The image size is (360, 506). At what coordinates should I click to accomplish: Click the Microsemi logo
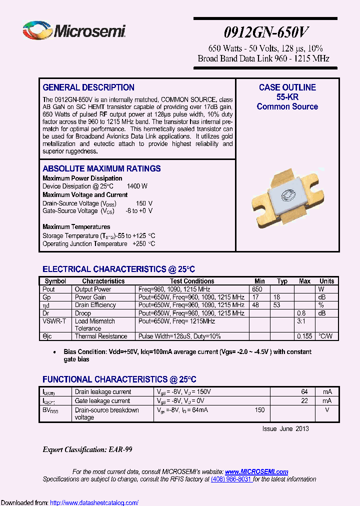coord(74,30)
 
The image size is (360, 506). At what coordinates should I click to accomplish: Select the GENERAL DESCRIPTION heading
coord(88,87)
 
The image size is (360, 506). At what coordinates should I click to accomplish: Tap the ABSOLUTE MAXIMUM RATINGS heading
coord(101,168)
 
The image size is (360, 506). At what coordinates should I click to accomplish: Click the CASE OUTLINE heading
coord(287,87)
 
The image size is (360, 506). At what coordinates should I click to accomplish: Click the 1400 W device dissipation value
coord(137,186)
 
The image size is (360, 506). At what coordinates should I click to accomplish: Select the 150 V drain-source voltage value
coord(144,203)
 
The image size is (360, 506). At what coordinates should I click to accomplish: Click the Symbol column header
coord(55,281)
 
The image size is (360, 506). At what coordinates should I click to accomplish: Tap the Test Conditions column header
coord(192,281)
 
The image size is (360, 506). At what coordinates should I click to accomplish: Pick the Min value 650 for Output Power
coord(257,289)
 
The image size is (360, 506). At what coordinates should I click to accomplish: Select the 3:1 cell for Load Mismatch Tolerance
coord(301,321)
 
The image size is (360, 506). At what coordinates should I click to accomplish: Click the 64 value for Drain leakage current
coord(304,392)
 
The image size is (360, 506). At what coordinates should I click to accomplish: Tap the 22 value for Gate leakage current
coord(304,401)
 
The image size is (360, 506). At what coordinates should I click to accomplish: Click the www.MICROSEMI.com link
coord(256,471)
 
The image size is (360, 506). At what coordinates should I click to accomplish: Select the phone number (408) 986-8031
coord(231,479)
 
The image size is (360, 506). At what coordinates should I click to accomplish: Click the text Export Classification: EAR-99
coord(87,449)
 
